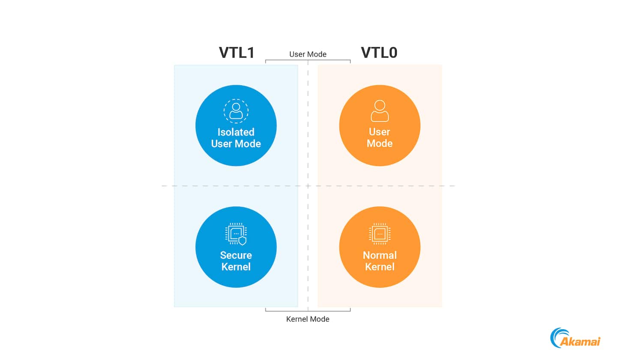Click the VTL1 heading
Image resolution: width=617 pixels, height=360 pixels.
pos(237,53)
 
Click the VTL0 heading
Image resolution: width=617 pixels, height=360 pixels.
pos(379,53)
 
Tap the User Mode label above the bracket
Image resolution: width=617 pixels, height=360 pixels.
pos(308,54)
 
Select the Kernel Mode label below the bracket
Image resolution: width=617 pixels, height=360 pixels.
pos(308,319)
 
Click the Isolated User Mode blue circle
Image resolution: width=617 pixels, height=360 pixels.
pos(236,125)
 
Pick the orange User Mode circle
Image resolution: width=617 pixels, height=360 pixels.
pos(380,125)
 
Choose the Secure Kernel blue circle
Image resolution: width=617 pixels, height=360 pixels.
pos(236,247)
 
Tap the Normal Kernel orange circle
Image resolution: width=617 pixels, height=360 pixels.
pos(380,247)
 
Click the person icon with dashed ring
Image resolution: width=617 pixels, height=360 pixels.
pos(236,111)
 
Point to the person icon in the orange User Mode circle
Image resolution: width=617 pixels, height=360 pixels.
pos(380,111)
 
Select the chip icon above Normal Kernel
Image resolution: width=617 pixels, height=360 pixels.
pos(380,234)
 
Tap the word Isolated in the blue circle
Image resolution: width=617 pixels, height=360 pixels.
pos(236,132)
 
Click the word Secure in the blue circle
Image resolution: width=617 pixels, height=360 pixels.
pos(236,255)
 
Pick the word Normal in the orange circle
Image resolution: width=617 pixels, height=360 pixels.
pos(380,255)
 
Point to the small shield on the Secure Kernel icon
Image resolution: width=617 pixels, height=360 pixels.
pos(243,240)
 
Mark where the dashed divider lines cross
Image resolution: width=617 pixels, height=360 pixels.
pos(308,186)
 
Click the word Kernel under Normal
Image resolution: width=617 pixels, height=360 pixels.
pos(380,267)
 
